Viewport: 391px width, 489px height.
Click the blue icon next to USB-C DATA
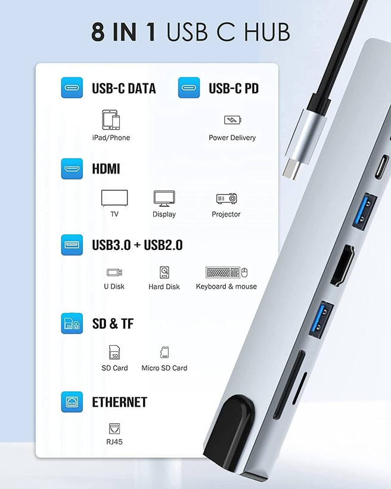coord(72,88)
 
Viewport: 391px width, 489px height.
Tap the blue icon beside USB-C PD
coord(189,88)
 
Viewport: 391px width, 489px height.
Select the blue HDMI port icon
coord(72,169)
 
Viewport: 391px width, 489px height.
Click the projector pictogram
coord(226,199)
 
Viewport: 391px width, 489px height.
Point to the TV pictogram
coord(114,198)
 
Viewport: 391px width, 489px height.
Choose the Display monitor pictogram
coord(165,199)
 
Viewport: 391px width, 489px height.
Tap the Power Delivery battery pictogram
coord(232,120)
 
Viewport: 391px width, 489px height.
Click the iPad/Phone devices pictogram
coord(111,119)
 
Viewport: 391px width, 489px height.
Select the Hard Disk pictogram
coord(165,273)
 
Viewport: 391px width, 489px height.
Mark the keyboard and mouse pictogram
coord(226,273)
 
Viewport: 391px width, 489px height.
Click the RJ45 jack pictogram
coord(114,429)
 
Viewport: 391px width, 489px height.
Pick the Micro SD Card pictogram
coord(165,352)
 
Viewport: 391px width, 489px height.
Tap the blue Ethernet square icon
coord(72,402)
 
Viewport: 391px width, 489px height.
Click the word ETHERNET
coord(119,403)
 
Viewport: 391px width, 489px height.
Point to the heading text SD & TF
coord(113,324)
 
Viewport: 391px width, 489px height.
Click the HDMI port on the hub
coord(342,266)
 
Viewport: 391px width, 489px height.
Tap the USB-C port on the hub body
coord(382,166)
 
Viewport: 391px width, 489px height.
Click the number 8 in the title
coord(98,32)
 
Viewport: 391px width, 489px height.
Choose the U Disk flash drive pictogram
coord(114,273)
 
